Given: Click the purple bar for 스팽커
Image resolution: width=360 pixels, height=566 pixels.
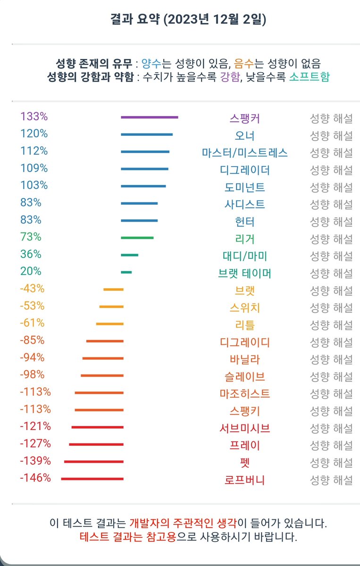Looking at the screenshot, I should pos(149,117).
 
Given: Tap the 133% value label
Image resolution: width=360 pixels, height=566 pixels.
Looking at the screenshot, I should pos(34,117).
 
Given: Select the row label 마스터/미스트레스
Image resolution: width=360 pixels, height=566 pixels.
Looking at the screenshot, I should pos(244,153).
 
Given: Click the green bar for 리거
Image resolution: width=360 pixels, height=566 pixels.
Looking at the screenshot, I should pos(137,238).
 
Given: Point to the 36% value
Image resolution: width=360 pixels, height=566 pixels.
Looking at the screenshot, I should pos(31,254).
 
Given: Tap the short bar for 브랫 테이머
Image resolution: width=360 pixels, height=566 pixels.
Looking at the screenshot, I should pos(126,272).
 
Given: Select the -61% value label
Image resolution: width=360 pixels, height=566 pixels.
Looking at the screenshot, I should pos(32,323).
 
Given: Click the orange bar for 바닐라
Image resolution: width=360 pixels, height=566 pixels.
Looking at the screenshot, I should pos(103,358).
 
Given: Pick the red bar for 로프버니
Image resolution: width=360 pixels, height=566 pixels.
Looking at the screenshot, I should pos(92,479).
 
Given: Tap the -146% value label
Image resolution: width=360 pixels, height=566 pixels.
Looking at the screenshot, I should pos(35,478).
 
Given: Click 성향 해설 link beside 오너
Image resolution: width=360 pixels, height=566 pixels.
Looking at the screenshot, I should pos(331,136).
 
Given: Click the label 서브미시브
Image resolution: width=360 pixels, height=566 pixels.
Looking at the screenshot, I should pos(244,428).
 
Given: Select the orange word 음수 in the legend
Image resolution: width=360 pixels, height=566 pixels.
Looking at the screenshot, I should pos(244,63).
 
